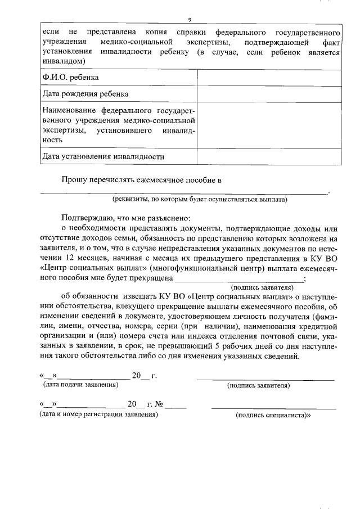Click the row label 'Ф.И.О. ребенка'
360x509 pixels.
pos(71,78)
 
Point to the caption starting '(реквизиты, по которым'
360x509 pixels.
pos(200,199)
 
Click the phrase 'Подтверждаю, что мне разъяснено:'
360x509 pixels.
pos(127,218)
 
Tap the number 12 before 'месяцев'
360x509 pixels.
pos(71,258)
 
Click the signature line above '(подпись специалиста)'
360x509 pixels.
pos(273,407)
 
